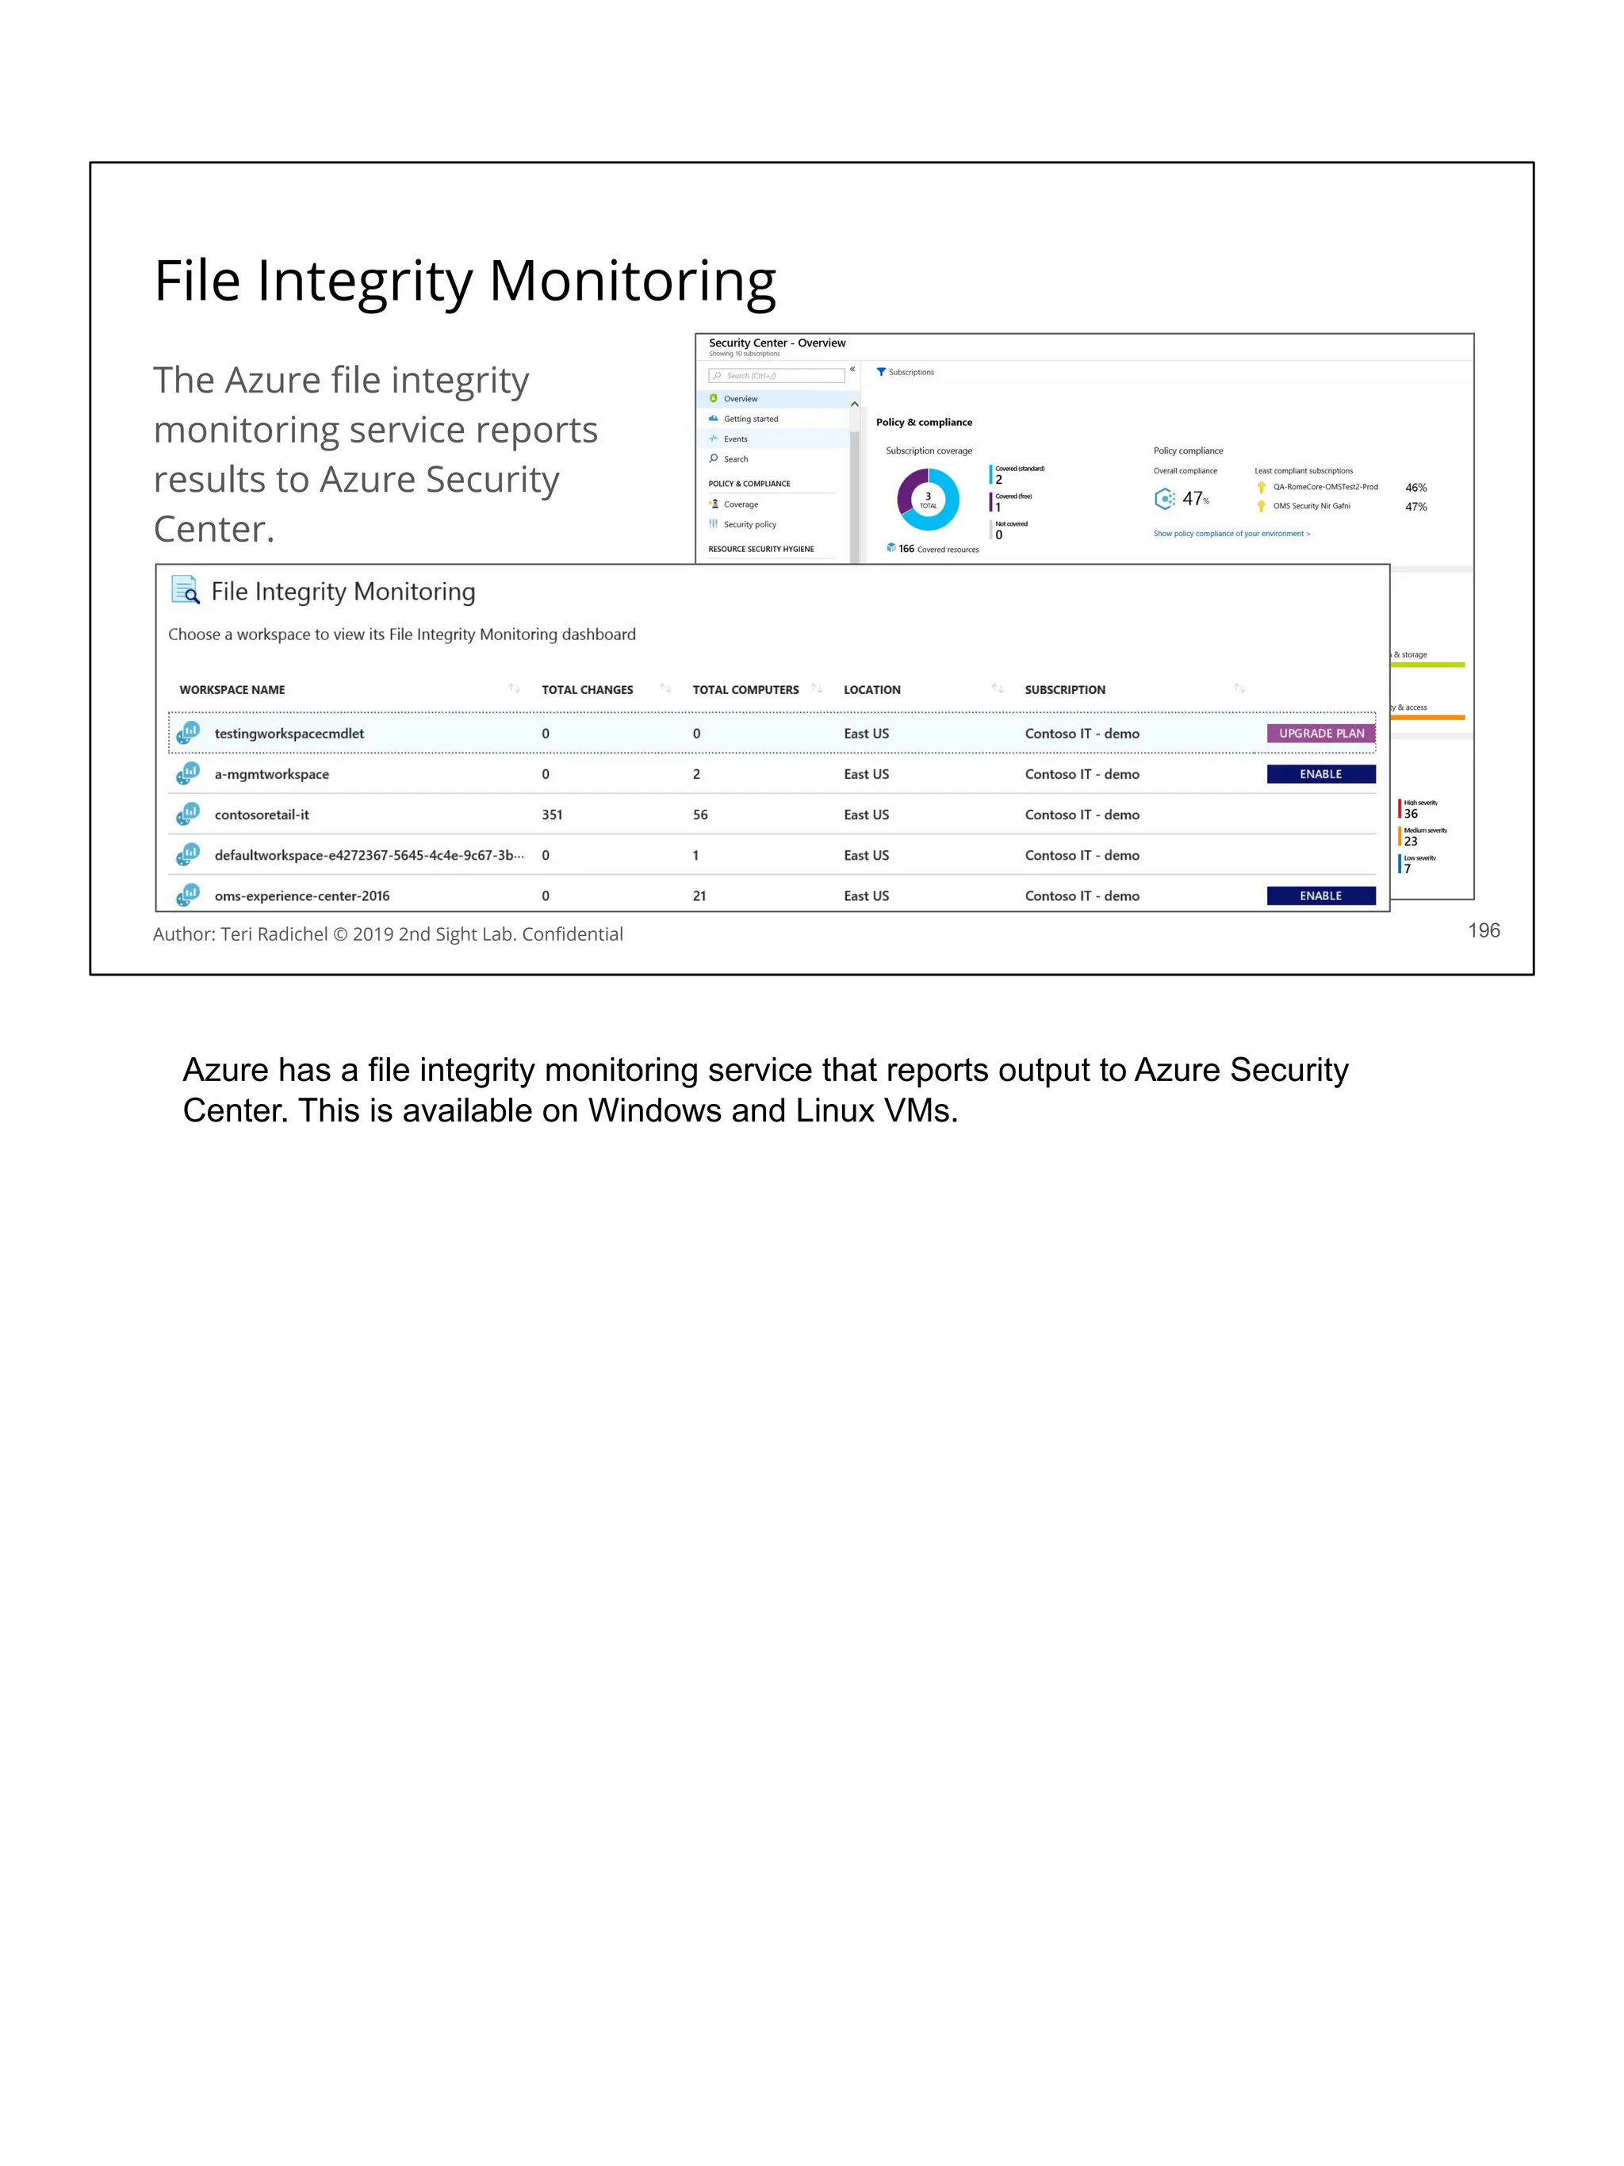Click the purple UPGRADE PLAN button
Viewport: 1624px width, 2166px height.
1319,734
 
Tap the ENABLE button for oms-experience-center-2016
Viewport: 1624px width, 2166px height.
1319,896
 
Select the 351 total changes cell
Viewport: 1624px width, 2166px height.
552,815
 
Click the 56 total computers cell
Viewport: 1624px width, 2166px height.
700,815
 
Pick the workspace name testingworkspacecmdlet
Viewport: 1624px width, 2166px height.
289,734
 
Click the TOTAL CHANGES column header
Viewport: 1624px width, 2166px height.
588,689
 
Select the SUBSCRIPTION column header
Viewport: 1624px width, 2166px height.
1064,689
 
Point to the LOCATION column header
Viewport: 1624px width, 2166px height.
871,689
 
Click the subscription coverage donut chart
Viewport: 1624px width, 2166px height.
927,500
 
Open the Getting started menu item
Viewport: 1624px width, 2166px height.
750,419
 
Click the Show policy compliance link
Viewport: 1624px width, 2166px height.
1231,534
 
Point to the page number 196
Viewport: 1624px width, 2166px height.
1483,930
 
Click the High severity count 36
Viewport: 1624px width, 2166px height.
1411,814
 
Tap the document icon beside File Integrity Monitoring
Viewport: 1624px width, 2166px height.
185,590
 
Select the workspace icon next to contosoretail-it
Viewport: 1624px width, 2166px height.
188,814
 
